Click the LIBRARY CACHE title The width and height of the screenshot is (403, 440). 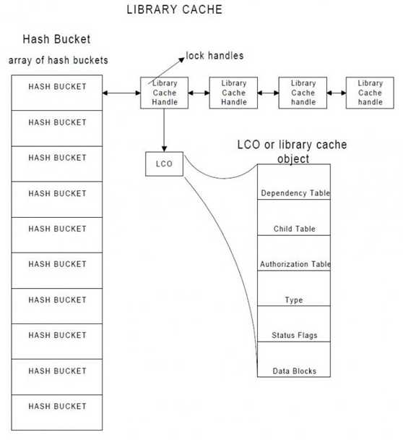(x=175, y=9)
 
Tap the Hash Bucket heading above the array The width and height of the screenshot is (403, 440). (x=56, y=39)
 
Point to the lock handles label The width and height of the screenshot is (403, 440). (x=214, y=56)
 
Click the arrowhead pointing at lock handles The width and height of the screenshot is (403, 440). (x=182, y=59)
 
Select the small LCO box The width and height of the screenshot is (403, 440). (x=164, y=164)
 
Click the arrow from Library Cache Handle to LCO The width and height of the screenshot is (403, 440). (x=164, y=130)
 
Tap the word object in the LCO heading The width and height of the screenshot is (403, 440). (x=293, y=158)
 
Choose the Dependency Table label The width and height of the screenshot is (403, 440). (x=295, y=193)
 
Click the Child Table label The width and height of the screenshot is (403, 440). (x=295, y=229)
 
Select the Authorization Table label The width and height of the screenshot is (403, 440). (x=295, y=264)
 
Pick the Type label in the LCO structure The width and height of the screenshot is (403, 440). (x=294, y=300)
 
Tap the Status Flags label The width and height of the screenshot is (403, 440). (x=295, y=335)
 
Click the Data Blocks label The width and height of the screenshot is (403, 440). (x=295, y=371)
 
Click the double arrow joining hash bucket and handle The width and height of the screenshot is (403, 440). (x=121, y=93)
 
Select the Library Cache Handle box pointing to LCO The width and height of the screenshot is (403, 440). (x=164, y=93)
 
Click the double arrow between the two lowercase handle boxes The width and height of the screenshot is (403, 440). (x=337, y=93)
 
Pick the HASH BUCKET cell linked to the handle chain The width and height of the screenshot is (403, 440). (x=57, y=93)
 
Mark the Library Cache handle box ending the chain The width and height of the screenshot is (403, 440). (x=370, y=93)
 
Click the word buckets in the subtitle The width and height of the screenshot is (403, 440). (x=90, y=60)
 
